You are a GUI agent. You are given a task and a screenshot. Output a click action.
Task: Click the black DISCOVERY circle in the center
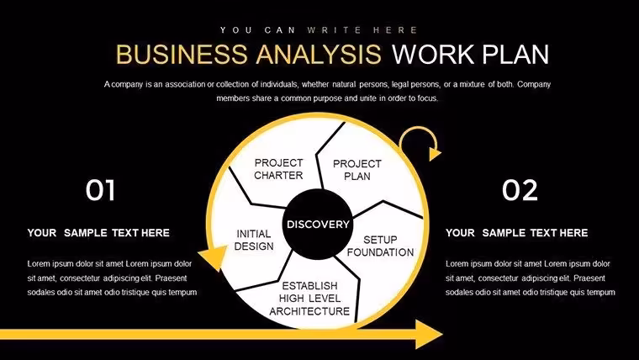click(x=318, y=225)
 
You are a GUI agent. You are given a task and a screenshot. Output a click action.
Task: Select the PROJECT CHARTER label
click(x=279, y=169)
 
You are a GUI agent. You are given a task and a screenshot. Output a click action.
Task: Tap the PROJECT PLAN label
click(x=357, y=170)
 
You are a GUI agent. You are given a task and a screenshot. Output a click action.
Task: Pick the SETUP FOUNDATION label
click(x=380, y=246)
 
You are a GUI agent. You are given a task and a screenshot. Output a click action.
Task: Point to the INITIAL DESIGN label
click(x=253, y=240)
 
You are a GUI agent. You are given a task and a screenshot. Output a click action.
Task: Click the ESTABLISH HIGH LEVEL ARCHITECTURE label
click(x=309, y=299)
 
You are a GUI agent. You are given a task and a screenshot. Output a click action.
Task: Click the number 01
click(x=100, y=190)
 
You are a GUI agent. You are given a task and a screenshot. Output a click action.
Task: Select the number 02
click(x=520, y=190)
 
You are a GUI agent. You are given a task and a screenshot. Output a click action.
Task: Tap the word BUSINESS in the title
click(x=182, y=54)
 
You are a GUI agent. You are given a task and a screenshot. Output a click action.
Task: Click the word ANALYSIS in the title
click(x=319, y=54)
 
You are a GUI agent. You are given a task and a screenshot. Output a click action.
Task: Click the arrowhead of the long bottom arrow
click(x=429, y=334)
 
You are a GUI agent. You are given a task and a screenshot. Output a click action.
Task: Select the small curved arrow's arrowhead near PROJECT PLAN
click(x=435, y=154)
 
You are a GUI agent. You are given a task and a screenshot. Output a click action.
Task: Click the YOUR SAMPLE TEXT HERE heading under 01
click(x=98, y=233)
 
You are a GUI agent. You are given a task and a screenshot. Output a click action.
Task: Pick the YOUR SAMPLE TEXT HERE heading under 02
click(x=517, y=233)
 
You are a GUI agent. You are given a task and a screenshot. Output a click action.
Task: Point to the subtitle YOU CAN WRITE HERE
click(x=319, y=30)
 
